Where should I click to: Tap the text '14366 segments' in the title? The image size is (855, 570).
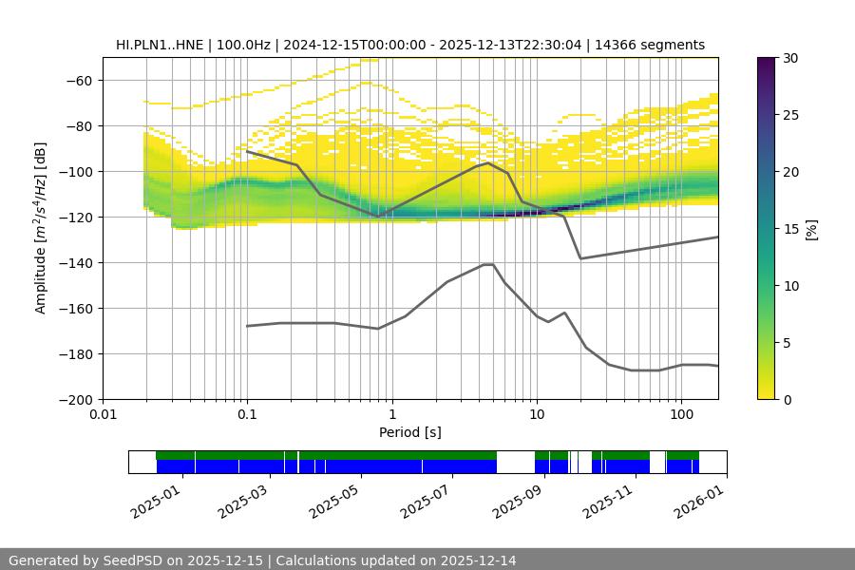point(656,45)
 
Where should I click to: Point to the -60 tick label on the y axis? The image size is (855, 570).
point(78,80)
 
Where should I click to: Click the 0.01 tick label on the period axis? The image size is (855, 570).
point(103,415)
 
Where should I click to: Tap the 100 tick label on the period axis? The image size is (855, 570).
point(680,415)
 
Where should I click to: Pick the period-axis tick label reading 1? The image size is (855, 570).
point(391,415)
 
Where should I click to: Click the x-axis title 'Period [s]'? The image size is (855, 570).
point(409,432)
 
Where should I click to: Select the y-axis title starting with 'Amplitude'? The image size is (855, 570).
point(41,228)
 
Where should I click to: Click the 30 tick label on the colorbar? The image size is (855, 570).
point(790,58)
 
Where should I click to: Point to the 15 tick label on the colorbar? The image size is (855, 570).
point(790,229)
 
